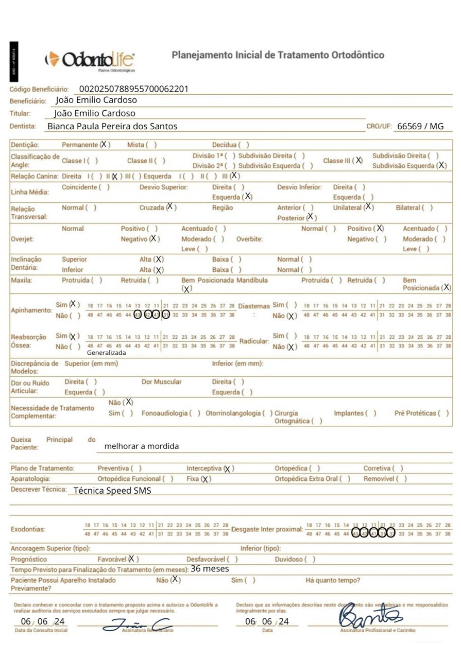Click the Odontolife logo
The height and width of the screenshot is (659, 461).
90,60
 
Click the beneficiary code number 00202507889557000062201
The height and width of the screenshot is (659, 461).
133,89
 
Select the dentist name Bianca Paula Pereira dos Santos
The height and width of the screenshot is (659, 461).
112,126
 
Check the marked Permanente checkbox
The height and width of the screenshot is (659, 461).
105,145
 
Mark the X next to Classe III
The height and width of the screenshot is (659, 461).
358,161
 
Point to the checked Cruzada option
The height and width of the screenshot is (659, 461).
170,207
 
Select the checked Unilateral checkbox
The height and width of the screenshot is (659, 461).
368,207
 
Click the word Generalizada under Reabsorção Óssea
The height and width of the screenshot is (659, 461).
106,353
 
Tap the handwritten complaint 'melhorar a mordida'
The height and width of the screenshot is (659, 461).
141,446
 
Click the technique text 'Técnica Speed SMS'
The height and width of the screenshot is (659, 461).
112,491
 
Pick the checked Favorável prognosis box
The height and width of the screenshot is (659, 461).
132,559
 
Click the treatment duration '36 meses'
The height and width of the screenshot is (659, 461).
210,569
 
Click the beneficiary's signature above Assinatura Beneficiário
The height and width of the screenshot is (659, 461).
138,624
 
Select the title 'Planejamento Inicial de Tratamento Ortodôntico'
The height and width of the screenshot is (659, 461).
278,55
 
